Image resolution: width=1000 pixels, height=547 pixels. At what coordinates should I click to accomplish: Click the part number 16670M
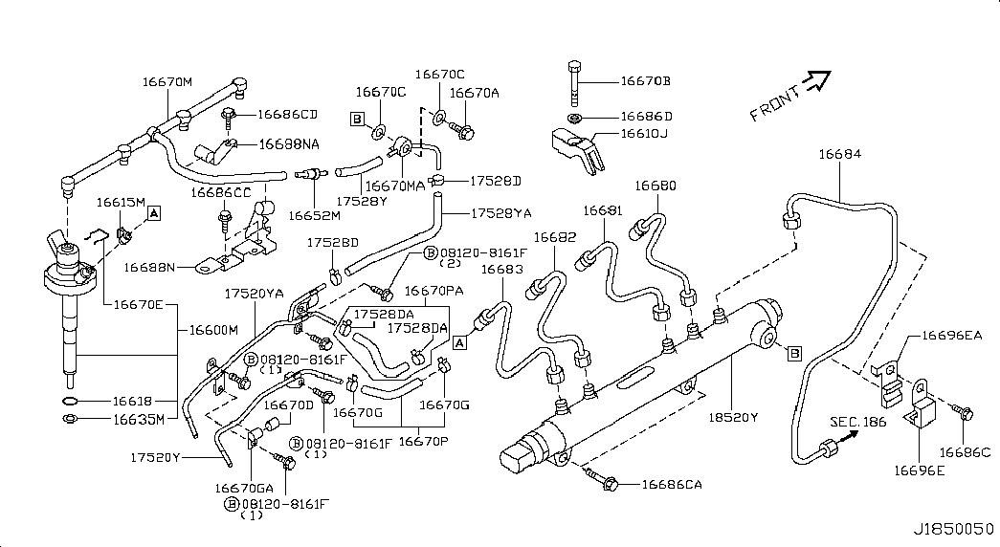tap(167, 82)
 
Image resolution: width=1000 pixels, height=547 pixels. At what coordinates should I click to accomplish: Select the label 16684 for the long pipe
tap(838, 154)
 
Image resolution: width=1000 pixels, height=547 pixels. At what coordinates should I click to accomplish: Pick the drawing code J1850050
tap(953, 528)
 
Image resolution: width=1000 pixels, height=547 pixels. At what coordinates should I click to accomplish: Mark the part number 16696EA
tap(952, 336)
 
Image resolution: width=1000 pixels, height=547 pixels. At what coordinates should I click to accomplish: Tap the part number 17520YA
tap(254, 294)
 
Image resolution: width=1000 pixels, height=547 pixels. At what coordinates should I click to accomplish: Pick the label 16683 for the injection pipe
tap(502, 271)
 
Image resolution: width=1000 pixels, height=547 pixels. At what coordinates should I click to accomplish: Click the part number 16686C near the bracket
tap(964, 451)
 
